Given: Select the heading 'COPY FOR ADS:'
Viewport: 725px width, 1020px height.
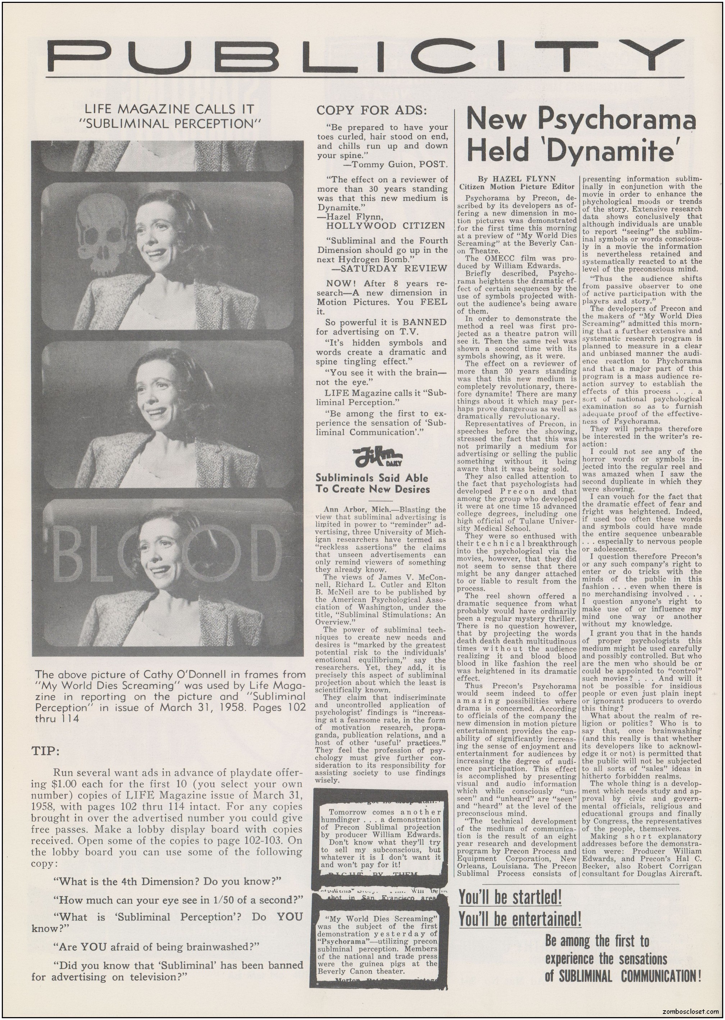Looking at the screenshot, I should [371, 110].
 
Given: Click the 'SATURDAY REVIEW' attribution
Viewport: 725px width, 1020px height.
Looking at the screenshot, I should [389, 268].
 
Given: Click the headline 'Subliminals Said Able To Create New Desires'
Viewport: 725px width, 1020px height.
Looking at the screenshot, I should [372, 483].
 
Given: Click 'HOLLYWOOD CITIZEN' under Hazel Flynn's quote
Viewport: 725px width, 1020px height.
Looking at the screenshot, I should [385, 226].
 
